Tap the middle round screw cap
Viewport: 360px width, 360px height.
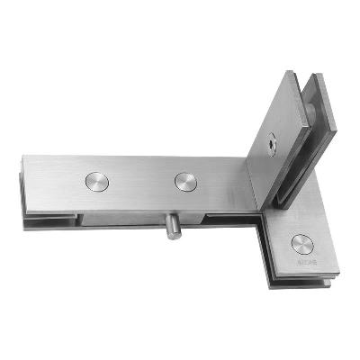click(185, 180)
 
